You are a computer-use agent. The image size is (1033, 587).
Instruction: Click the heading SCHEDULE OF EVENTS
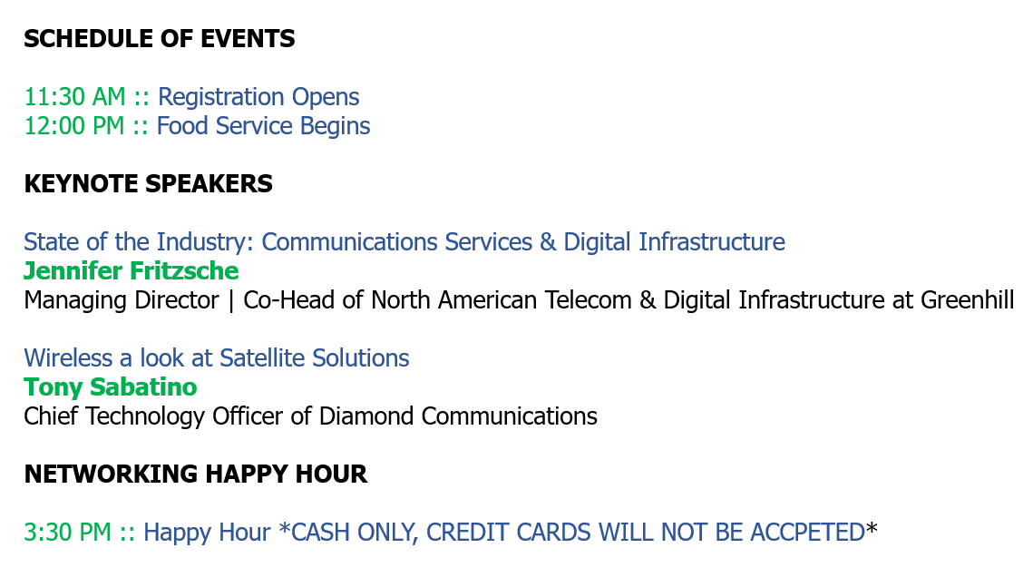tap(160, 39)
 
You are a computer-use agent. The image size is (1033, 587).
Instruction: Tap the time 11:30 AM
tap(74, 97)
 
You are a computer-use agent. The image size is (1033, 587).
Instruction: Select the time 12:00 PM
tap(74, 126)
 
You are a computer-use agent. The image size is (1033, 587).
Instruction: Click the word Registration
tap(221, 98)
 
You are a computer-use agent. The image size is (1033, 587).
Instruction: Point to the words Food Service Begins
tap(264, 127)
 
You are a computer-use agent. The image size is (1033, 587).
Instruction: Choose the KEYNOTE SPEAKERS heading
tap(148, 184)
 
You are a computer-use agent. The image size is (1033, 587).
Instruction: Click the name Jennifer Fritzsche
tap(132, 270)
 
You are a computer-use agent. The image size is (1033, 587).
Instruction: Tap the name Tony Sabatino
tap(110, 386)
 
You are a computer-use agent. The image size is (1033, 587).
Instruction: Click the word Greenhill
tap(967, 299)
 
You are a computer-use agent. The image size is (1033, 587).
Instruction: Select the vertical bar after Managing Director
tap(231, 301)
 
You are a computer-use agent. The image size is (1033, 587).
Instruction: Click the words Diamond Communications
tap(458, 416)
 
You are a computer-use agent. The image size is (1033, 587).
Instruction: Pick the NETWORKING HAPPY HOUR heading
tap(196, 474)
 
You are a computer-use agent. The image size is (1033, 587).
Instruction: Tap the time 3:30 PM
tap(67, 532)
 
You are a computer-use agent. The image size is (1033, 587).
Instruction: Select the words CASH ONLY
tap(355, 533)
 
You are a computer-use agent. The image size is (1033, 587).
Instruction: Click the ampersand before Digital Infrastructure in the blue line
tap(548, 241)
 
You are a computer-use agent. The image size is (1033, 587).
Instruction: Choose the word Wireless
tap(68, 357)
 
